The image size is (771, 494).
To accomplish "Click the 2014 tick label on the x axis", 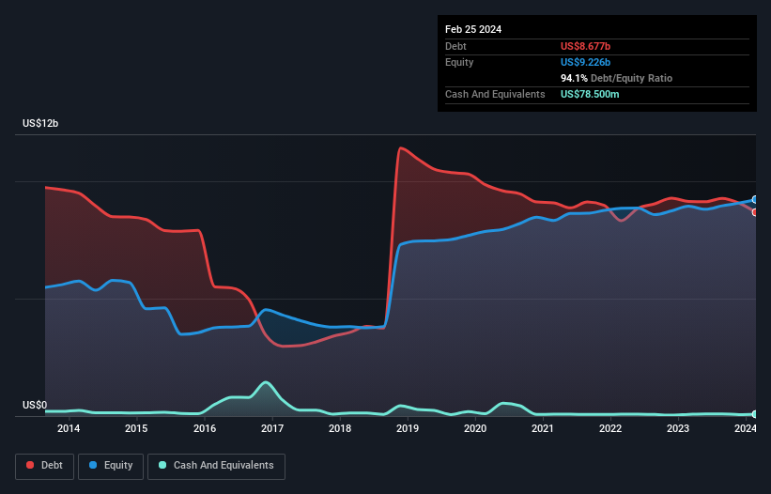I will [x=69, y=429].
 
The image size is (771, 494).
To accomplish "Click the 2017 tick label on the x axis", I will [x=272, y=429].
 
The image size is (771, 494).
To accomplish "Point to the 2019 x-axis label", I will [x=408, y=429].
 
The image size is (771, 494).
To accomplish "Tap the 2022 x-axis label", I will [x=610, y=429].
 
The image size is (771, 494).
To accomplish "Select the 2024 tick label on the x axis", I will [x=746, y=429].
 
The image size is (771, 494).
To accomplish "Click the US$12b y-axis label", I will [x=43, y=124].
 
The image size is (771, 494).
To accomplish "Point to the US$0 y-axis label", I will [x=35, y=406].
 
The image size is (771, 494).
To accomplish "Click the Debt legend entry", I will [x=44, y=466].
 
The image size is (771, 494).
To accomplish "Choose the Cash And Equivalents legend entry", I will [x=215, y=466].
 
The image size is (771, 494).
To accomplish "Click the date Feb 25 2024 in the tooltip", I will [x=473, y=29].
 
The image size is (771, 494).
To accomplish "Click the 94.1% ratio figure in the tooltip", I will [x=574, y=78].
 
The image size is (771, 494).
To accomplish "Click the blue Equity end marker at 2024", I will [x=755, y=200].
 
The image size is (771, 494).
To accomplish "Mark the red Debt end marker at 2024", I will [x=755, y=212].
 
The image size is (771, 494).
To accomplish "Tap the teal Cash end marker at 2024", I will [x=755, y=414].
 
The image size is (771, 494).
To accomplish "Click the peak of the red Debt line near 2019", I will [x=401, y=148].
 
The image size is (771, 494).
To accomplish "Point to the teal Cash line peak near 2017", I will [x=268, y=381].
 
